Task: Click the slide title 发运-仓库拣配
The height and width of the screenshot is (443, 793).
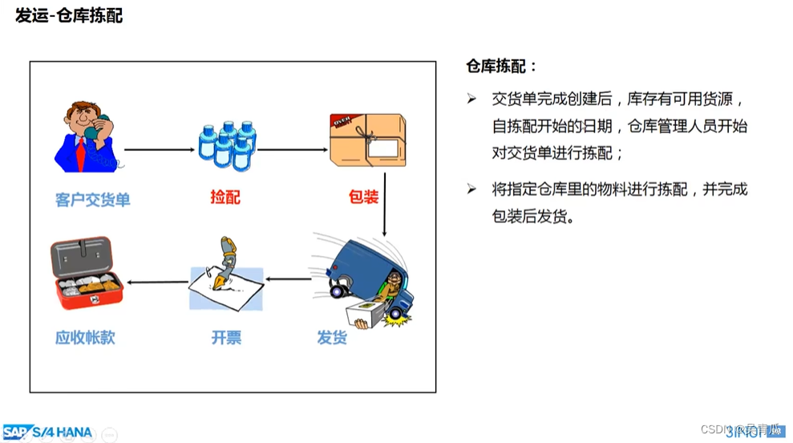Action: (x=69, y=16)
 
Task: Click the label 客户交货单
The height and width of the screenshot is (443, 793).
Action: (x=92, y=199)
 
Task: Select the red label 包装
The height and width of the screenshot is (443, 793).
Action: (x=363, y=197)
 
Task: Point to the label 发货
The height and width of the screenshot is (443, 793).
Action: (x=332, y=338)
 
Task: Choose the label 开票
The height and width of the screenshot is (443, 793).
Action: (x=226, y=338)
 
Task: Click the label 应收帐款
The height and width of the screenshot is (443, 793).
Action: (x=85, y=338)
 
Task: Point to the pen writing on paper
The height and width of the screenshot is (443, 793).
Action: (x=225, y=273)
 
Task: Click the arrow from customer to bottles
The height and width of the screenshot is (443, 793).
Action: (x=160, y=149)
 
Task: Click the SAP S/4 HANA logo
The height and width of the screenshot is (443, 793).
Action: (x=48, y=432)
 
